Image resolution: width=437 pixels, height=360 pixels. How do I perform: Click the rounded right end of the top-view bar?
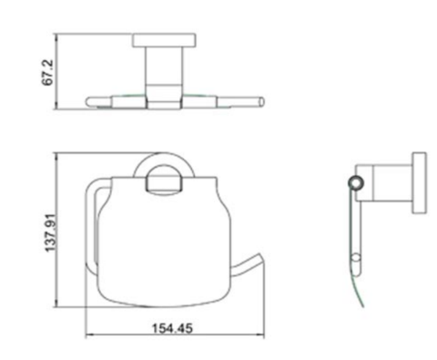tap(260, 102)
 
